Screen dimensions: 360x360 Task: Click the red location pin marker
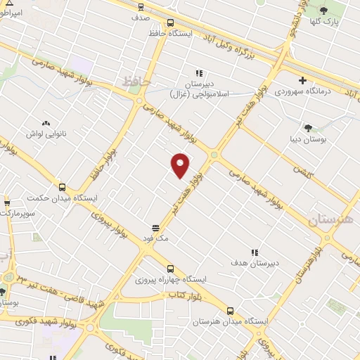coord(181,165)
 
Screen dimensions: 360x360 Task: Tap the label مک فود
coord(156,239)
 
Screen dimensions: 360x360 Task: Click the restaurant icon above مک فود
coord(156,229)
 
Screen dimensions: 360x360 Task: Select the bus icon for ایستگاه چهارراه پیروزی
coord(170,268)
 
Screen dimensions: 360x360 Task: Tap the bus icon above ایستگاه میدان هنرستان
coord(231,310)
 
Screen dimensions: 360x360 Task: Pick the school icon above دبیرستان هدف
coord(255,252)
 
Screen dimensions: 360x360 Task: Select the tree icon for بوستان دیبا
coord(308,127)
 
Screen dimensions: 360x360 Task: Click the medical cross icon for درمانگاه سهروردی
coord(302,81)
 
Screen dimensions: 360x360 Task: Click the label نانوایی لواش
coord(46,134)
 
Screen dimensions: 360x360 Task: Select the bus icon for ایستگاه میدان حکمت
coord(63,187)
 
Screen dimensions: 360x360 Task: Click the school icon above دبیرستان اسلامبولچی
coord(199,72)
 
